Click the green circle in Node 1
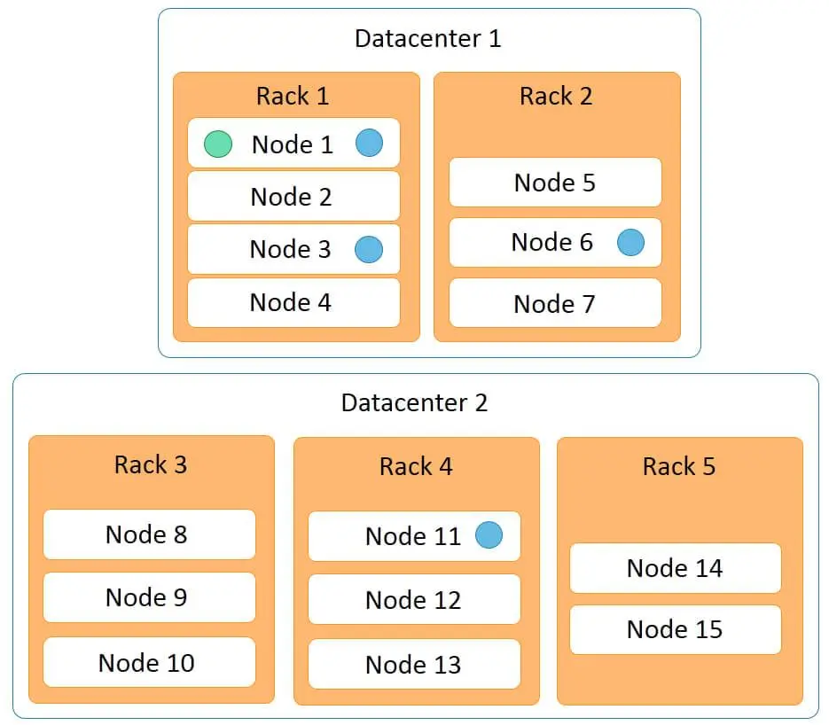tap(218, 144)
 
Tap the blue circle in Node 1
tap(369, 143)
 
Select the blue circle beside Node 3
tap(369, 249)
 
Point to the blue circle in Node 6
tap(630, 243)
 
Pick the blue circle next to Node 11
tap(489, 534)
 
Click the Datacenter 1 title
tap(428, 39)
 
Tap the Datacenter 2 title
tap(415, 402)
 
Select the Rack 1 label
tap(293, 97)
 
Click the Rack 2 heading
tap(556, 97)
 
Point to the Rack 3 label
tap(151, 465)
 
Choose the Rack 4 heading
tap(416, 466)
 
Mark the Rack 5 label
tap(679, 466)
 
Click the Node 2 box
tap(293, 196)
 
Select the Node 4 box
tap(293, 303)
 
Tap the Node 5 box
tap(555, 183)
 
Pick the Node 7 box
tap(555, 303)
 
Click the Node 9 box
tap(149, 597)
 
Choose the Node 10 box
tap(149, 662)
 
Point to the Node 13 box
tap(415, 664)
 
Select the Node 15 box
tap(676, 630)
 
